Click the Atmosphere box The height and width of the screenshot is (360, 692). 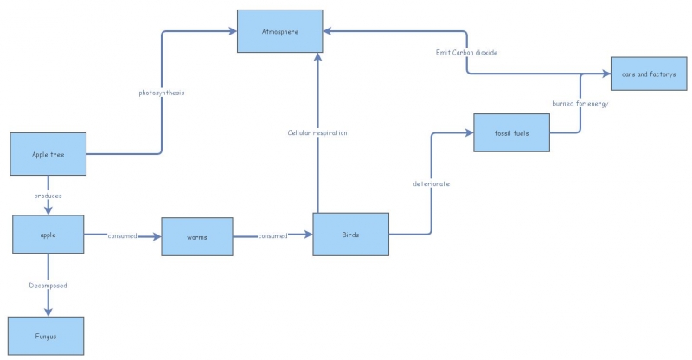pyautogui.click(x=279, y=31)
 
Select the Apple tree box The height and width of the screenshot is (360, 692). pyautogui.click(x=48, y=154)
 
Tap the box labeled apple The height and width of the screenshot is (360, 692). pyautogui.click(x=48, y=235)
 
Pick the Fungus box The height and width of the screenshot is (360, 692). pyautogui.click(x=47, y=336)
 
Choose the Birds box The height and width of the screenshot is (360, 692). pyautogui.click(x=350, y=235)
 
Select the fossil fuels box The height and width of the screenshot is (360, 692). pyautogui.click(x=512, y=133)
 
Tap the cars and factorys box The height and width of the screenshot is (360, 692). pyautogui.click(x=649, y=74)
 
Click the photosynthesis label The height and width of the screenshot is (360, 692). pyautogui.click(x=162, y=92)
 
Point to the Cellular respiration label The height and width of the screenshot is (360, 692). pyautogui.click(x=317, y=132)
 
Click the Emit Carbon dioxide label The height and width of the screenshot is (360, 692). pyautogui.click(x=466, y=53)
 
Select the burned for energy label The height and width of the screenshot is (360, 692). pyautogui.click(x=580, y=104)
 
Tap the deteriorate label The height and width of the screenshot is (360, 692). pyautogui.click(x=431, y=183)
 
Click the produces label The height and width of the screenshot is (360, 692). pyautogui.click(x=48, y=196)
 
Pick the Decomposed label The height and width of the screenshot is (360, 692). pyautogui.click(x=48, y=285)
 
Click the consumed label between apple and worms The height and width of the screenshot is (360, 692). pyautogui.click(x=122, y=235)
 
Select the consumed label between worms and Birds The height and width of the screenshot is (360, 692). pyautogui.click(x=272, y=235)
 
